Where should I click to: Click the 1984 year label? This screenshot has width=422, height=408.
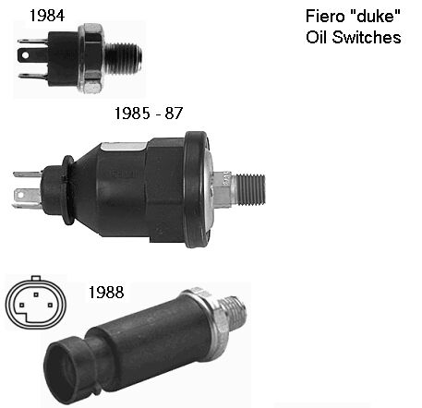[x=47, y=16]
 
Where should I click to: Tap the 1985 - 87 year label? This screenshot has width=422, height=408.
[x=149, y=114]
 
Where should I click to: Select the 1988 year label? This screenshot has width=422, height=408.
[x=106, y=293]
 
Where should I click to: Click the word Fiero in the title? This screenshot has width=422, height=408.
[x=325, y=16]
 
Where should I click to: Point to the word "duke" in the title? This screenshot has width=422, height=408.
[x=375, y=16]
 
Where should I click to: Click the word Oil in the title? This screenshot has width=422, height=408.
[x=316, y=37]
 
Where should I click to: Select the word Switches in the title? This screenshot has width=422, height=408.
[x=367, y=37]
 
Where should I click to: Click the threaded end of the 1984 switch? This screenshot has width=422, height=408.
[x=124, y=59]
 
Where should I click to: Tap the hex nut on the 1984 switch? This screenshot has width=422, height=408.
[x=91, y=58]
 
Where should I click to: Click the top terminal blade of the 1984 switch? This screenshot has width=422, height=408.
[x=33, y=41]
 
